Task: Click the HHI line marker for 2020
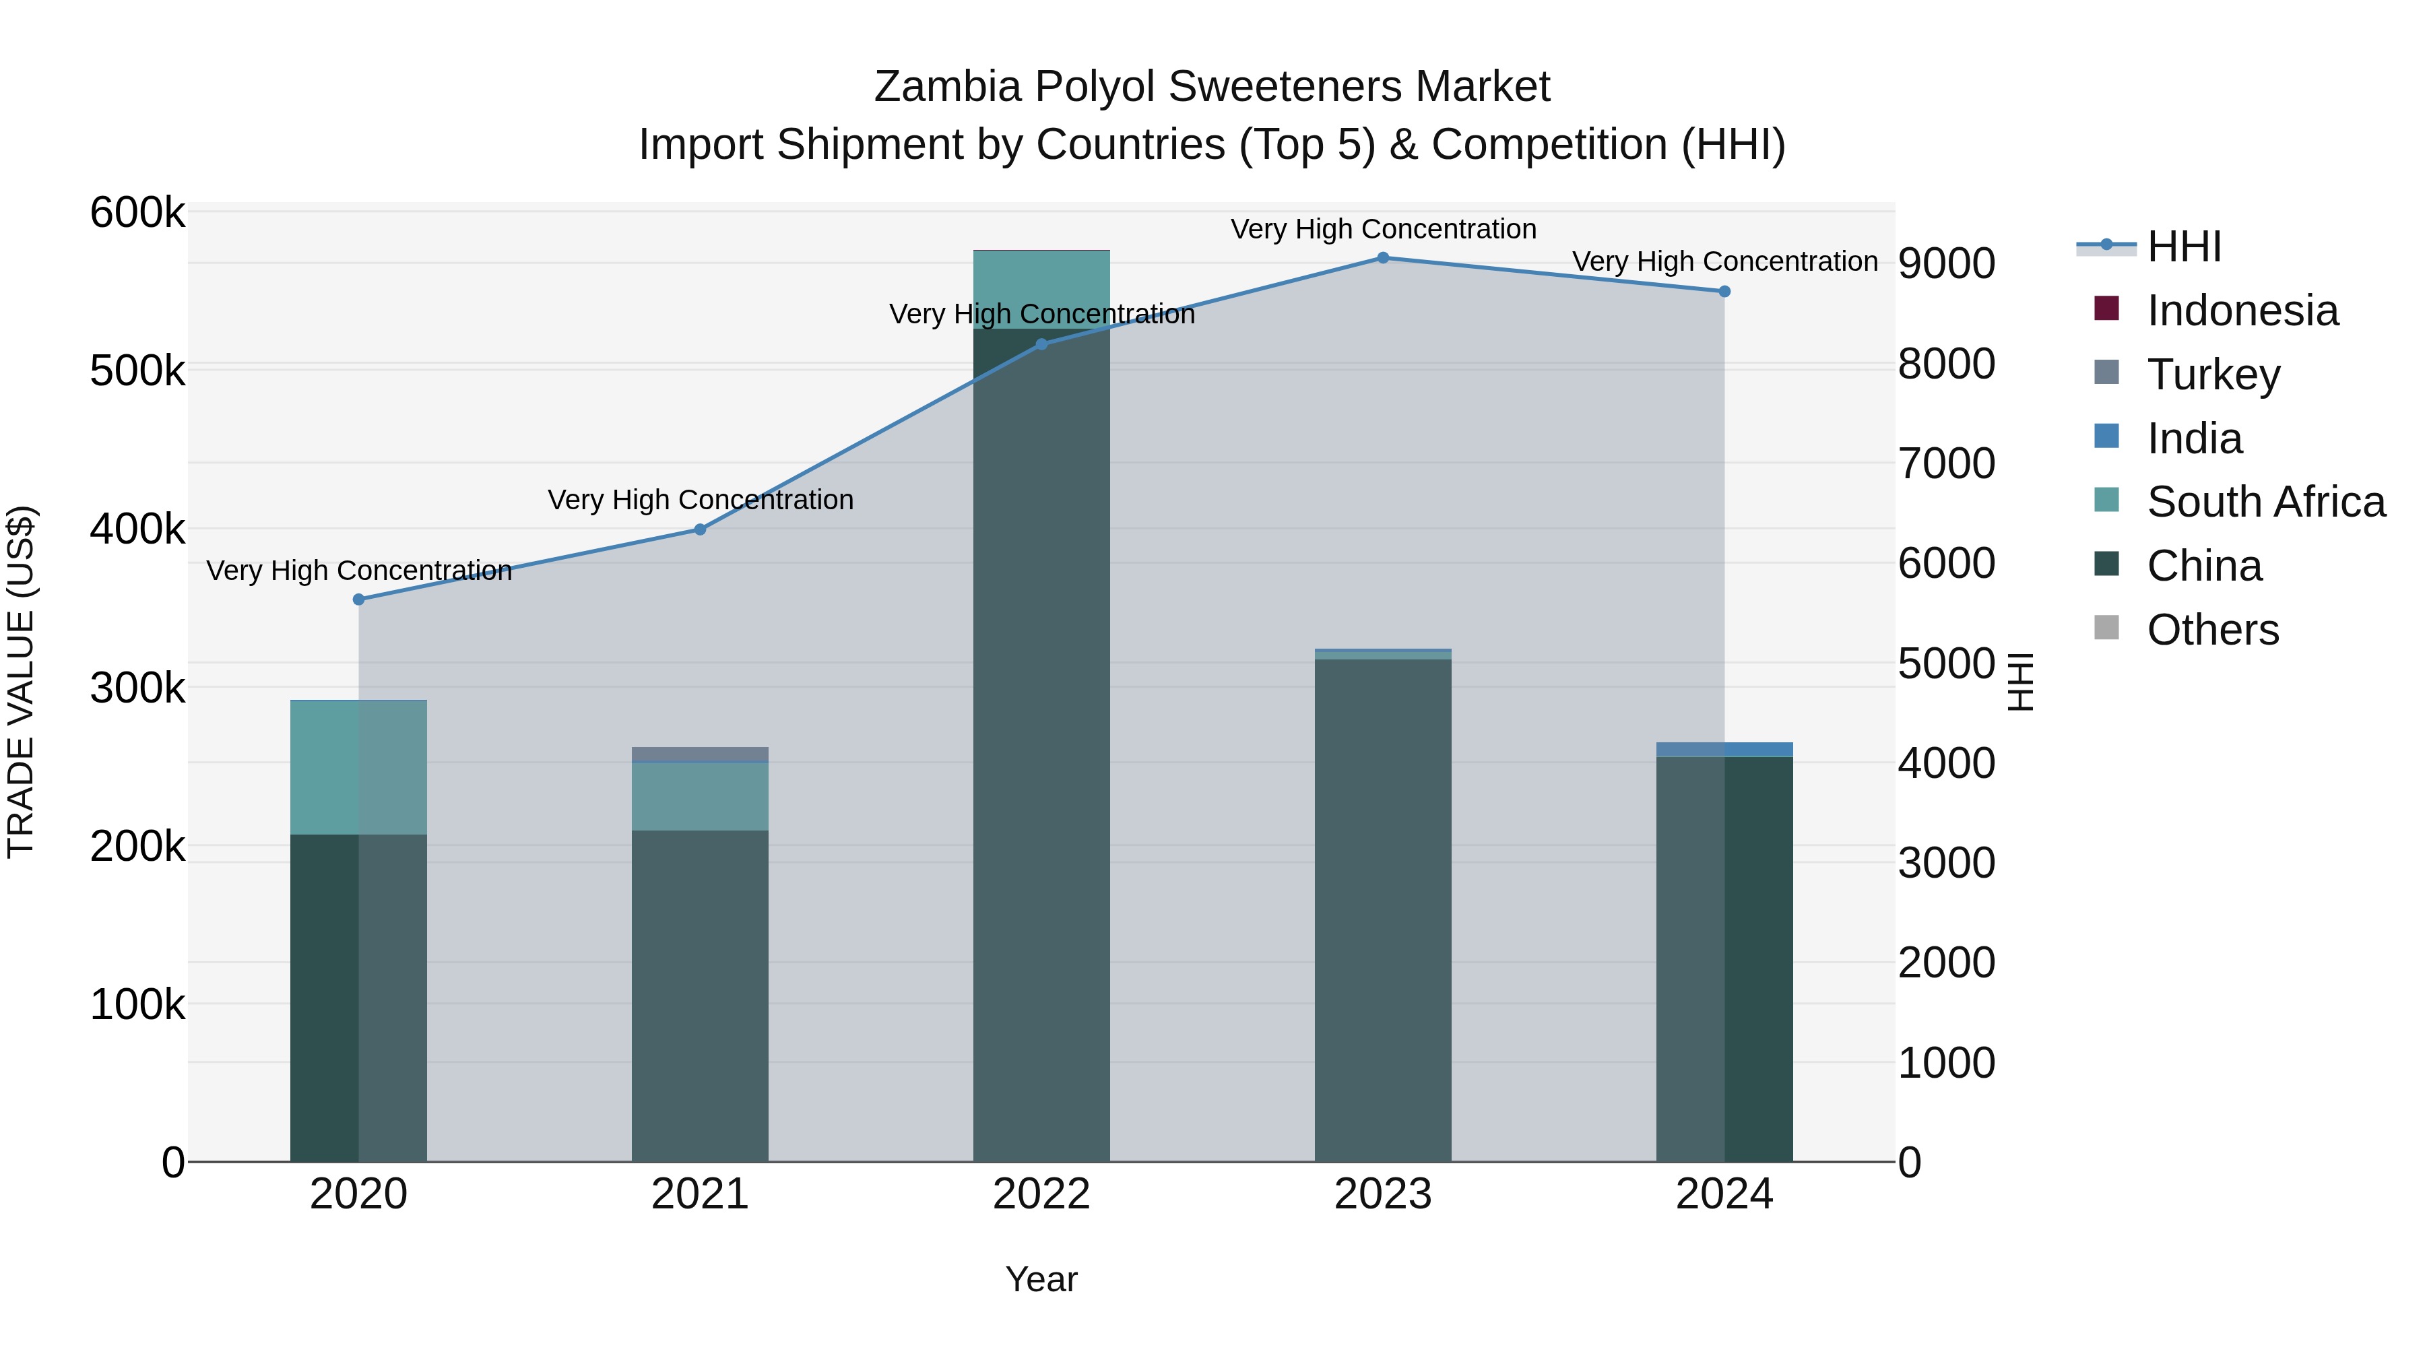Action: pyautogui.click(x=358, y=599)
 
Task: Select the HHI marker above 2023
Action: pyautogui.click(x=1383, y=257)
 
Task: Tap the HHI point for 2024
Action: pyautogui.click(x=1724, y=292)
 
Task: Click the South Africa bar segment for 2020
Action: pyautogui.click(x=358, y=767)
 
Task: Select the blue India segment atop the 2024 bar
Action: pyautogui.click(x=1724, y=749)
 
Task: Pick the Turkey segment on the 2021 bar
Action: pyautogui.click(x=699, y=754)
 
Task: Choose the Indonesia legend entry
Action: pyautogui.click(x=2242, y=311)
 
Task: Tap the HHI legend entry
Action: pyautogui.click(x=2184, y=247)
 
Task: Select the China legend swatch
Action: pyautogui.click(x=2107, y=565)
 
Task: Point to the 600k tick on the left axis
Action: pyautogui.click(x=137, y=213)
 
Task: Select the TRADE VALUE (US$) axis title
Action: pyautogui.click(x=22, y=682)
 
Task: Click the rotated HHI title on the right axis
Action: pyautogui.click(x=2020, y=682)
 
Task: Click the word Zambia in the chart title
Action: pyautogui.click(x=947, y=87)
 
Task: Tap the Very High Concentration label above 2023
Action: pyautogui.click(x=1383, y=229)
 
